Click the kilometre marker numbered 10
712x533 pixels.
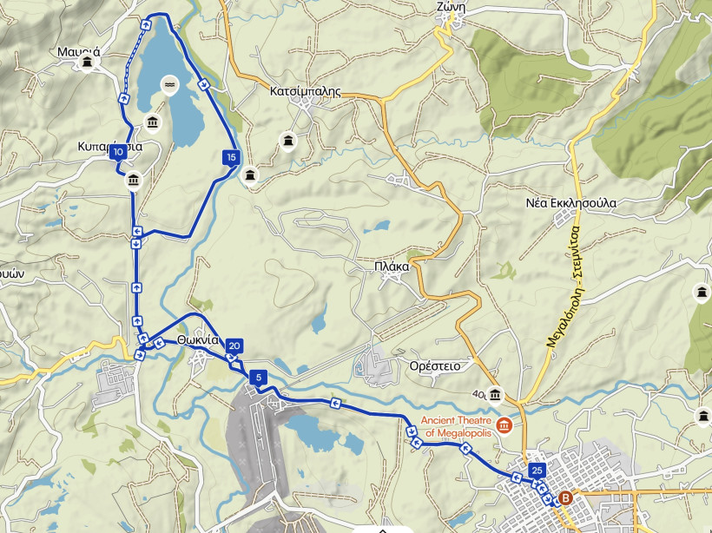point(117,153)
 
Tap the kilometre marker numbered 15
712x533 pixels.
point(230,157)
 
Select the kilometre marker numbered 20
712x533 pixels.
point(234,346)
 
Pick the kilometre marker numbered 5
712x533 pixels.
point(258,378)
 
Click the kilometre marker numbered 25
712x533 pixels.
point(537,470)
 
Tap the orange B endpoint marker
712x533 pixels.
point(566,498)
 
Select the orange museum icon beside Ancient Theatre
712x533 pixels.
point(504,426)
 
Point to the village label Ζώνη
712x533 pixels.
point(452,7)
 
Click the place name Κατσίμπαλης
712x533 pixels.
point(304,90)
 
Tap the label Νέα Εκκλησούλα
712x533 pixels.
point(571,203)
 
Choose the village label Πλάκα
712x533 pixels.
point(392,266)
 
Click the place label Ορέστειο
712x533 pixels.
point(435,366)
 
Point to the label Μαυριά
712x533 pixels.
point(79,51)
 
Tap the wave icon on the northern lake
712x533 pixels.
point(169,83)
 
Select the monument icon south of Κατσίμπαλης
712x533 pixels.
point(287,141)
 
